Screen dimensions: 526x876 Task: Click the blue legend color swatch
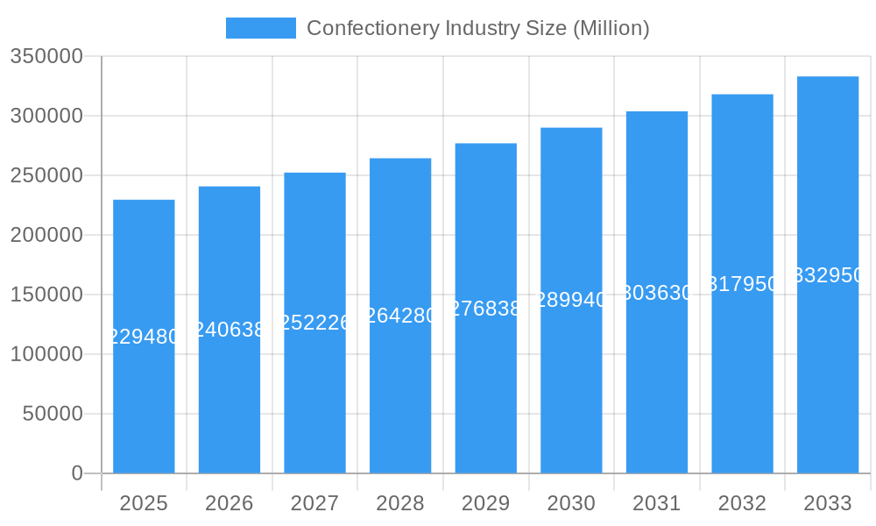tap(260, 28)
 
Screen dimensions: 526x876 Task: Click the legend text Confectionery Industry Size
tap(477, 28)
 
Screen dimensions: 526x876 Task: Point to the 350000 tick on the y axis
tap(46, 57)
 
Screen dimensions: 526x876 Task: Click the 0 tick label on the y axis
tap(77, 473)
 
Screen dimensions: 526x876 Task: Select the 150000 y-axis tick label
tap(46, 295)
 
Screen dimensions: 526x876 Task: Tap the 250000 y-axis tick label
tap(46, 175)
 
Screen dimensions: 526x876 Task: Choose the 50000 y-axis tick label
tap(52, 414)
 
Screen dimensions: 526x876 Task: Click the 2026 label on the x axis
tap(230, 503)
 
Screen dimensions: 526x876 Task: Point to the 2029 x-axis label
tap(486, 503)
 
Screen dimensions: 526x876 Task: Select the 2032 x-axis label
tap(742, 503)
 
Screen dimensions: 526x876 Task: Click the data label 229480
tap(144, 337)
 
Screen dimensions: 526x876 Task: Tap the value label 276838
tap(486, 309)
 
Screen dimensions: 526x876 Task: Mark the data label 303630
tap(657, 293)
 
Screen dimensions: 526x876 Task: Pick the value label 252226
tap(314, 323)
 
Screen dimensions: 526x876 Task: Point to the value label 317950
tap(742, 284)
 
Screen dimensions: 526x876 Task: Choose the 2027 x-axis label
tap(314, 503)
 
